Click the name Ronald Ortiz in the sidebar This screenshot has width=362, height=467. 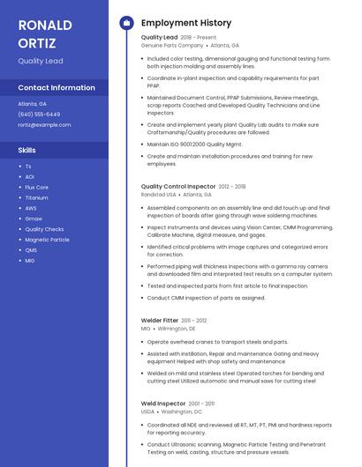tap(45, 32)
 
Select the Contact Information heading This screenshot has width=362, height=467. tap(57, 87)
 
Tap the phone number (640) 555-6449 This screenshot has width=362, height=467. tap(39, 115)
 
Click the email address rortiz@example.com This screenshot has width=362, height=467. tap(44, 125)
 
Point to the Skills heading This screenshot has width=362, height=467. tap(27, 150)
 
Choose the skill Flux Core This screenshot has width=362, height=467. tap(36, 187)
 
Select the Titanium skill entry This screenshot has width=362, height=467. tap(36, 197)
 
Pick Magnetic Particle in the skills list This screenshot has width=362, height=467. tap(47, 240)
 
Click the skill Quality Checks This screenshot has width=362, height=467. tap(44, 229)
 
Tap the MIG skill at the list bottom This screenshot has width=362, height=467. tap(30, 261)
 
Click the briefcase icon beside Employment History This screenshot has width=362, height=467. tap(125, 23)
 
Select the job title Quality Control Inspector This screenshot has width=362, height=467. tap(177, 187)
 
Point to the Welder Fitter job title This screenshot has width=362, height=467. tap(160, 321)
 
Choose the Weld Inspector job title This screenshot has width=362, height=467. tap(163, 404)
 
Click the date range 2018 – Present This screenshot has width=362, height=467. tap(198, 38)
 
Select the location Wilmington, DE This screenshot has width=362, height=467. tap(177, 329)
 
